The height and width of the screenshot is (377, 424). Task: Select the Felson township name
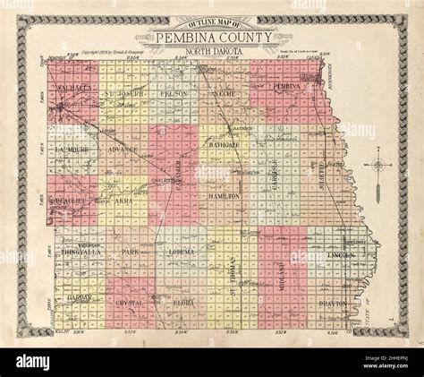click(174, 93)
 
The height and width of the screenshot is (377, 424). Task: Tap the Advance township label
click(122, 150)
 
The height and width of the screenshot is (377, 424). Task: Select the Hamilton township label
click(225, 195)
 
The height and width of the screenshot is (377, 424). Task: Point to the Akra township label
click(123, 203)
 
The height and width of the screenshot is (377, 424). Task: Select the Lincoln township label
click(343, 255)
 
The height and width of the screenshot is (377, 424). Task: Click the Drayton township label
click(334, 304)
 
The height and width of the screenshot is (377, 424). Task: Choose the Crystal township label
click(130, 304)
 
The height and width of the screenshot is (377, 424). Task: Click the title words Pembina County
click(211, 39)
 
